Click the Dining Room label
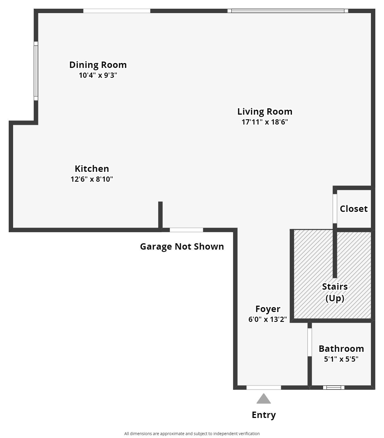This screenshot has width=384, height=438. pos(98,65)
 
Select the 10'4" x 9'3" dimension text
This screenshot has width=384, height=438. pos(98,75)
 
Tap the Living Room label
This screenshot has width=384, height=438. pos(265,111)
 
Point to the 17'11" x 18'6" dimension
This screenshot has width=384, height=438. pos(265,122)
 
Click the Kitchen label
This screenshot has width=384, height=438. pos(92,169)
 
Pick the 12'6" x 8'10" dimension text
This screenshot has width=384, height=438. pos(92,179)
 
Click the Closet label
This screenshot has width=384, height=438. pos(354,209)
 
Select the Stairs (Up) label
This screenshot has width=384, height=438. pos(335,292)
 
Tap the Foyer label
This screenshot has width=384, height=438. pos(268,309)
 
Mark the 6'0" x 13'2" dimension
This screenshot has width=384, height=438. pos(268,319)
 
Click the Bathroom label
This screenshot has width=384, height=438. pos(341,349)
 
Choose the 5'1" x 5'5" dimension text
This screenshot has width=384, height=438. pos(341,359)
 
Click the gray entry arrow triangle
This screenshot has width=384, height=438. pos(264,399)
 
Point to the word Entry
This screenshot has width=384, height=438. pos(264,415)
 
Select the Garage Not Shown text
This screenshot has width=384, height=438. pos(182,246)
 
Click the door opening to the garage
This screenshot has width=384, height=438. pos(186,230)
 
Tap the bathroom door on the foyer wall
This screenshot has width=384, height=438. pos(310,342)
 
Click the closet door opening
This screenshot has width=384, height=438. pos(335,208)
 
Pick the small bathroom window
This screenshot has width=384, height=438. pos(333,387)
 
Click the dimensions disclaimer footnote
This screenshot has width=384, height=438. pos(192,434)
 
